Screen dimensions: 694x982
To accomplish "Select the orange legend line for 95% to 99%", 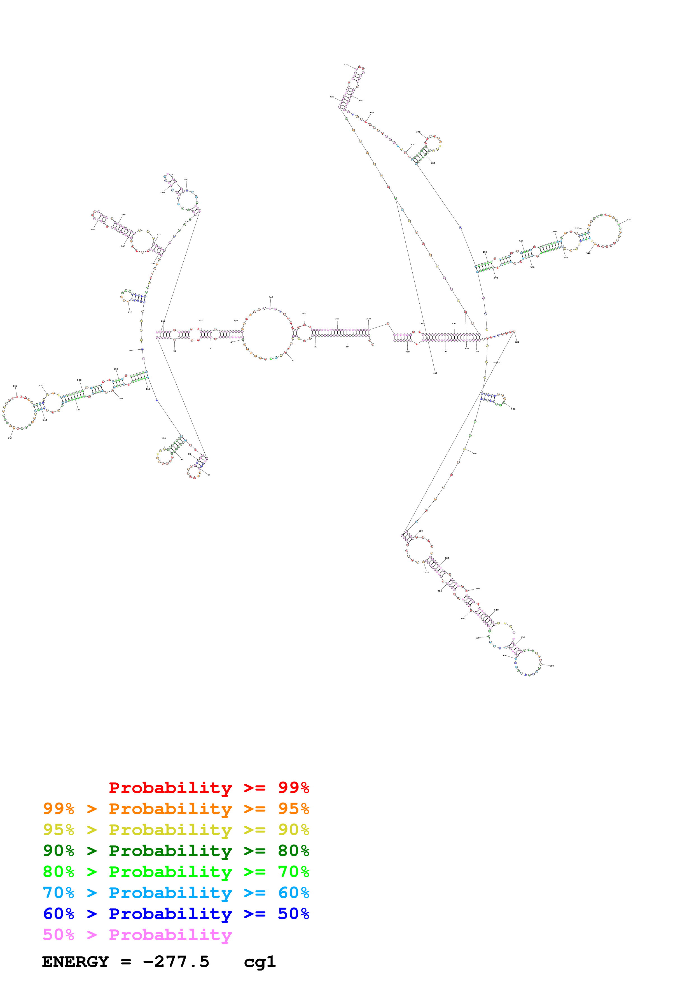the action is (x=176, y=809).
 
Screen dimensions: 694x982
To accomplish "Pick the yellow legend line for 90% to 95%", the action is (x=176, y=830).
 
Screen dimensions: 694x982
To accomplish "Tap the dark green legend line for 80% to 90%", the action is (x=176, y=851).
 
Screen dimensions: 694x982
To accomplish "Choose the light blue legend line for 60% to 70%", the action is (x=176, y=893).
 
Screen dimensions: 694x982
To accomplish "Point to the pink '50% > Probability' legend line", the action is (x=137, y=934).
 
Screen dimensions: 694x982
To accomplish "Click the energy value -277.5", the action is (x=176, y=962).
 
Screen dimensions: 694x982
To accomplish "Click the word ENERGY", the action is (x=75, y=962).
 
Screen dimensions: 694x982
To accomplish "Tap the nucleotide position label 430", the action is (x=346, y=65).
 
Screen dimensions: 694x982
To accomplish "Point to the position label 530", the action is (x=628, y=220).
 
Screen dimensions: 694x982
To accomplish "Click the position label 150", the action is (x=10, y=438).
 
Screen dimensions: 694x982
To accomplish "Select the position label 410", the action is (x=435, y=373).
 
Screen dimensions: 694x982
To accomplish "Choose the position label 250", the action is (x=93, y=229).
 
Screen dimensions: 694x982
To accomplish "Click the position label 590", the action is (x=513, y=409).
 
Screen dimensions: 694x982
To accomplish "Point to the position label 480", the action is (x=433, y=163).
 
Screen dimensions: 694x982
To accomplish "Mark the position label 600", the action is (x=475, y=454).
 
